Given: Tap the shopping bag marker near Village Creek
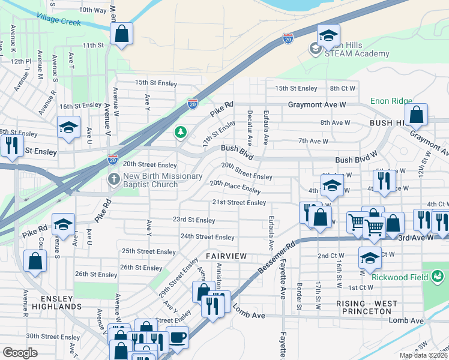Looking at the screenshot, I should [121, 34].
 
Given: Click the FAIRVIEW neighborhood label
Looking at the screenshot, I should [226, 256].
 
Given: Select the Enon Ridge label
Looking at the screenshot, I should [391, 101].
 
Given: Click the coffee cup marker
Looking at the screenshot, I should [177, 337].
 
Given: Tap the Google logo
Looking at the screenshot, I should [20, 353].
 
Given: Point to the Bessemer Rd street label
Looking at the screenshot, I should [277, 254].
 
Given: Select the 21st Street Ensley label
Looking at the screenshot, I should [239, 203].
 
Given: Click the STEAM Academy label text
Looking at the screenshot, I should [349, 53].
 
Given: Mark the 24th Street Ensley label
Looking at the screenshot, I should [208, 237].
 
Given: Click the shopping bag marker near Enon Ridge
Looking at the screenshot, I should [415, 115].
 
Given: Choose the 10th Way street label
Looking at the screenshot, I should [92, 10].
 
